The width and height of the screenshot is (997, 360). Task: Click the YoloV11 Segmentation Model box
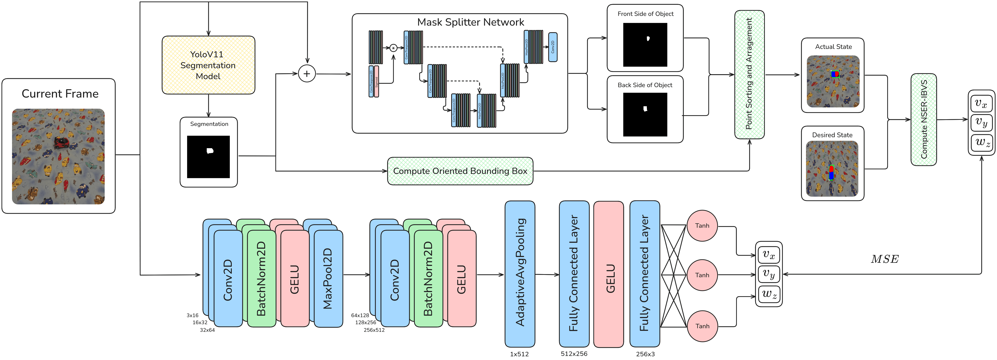208,65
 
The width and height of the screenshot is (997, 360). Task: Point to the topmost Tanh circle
702,226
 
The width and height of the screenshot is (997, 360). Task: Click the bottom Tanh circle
702,326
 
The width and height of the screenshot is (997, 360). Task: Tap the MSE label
885,259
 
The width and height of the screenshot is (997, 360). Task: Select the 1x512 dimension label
519,354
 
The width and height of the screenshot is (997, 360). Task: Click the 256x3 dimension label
645,354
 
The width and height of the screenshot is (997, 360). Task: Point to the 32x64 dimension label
207,330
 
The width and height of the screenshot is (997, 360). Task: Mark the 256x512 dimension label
374,330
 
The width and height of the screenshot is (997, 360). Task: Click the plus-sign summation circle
307,74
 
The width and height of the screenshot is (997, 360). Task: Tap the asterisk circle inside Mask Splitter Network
393,48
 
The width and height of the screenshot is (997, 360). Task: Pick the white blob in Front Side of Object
648,38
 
